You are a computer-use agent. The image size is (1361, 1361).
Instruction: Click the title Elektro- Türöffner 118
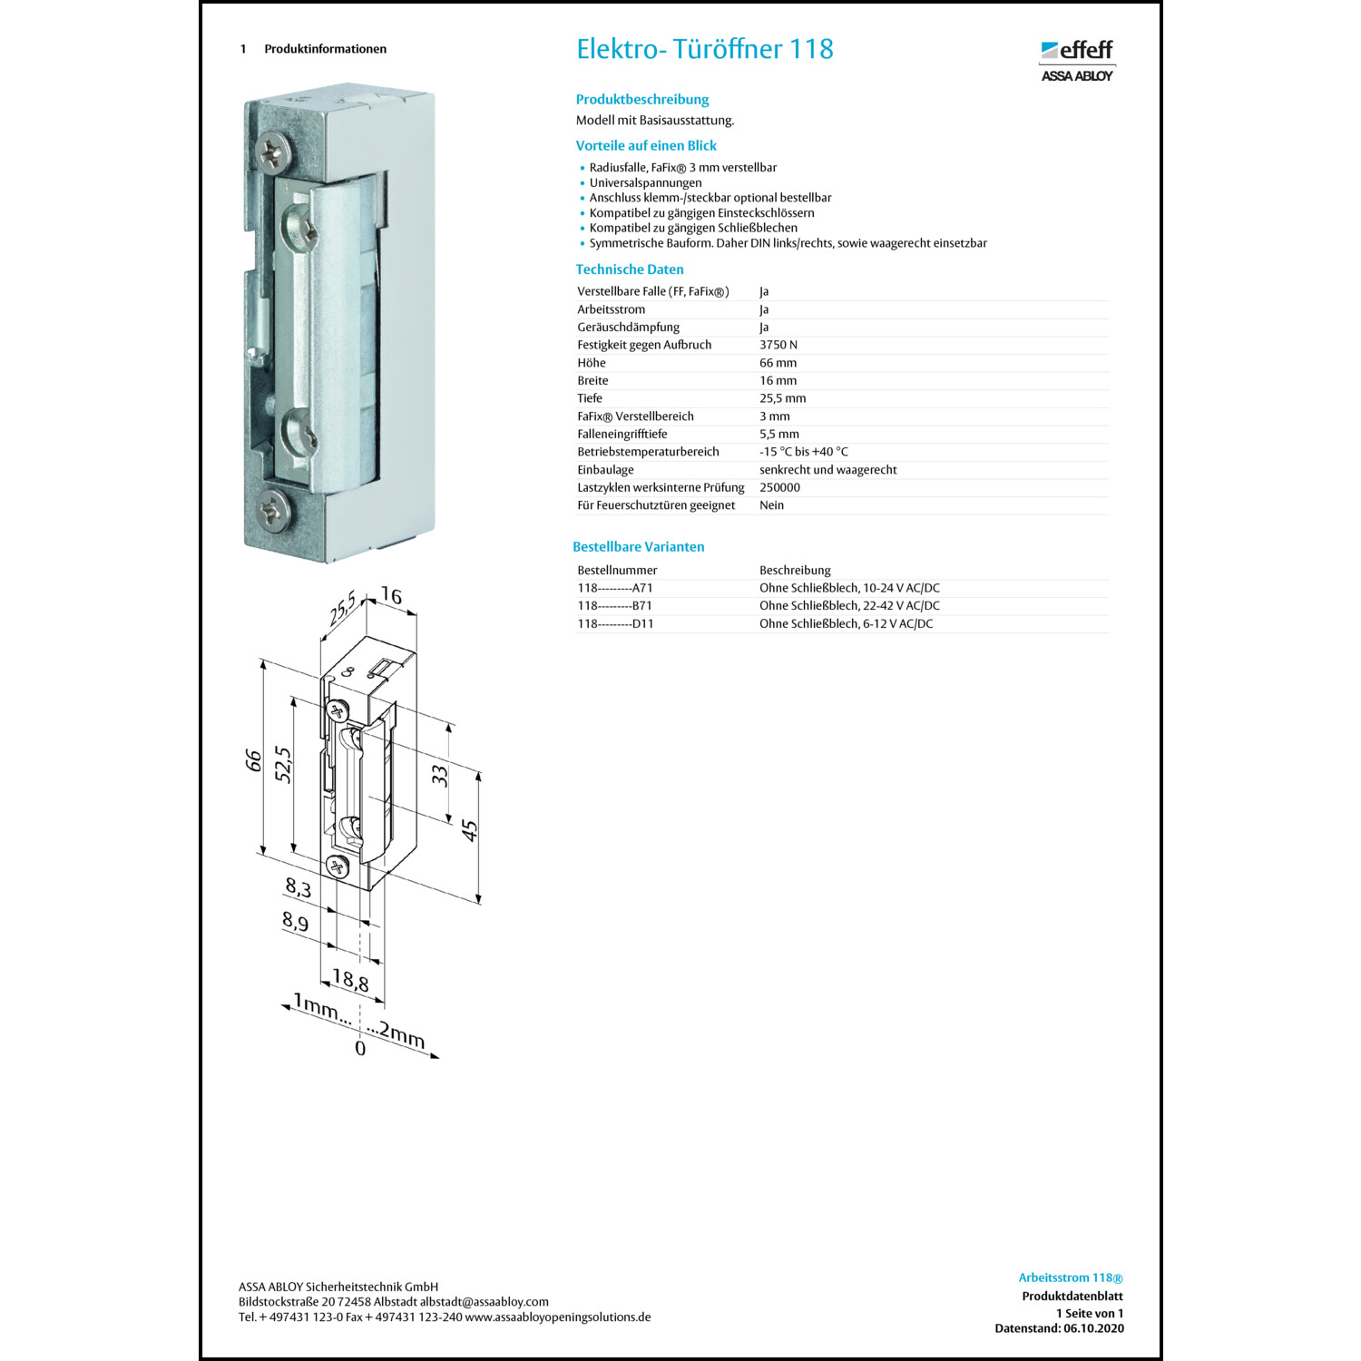704,49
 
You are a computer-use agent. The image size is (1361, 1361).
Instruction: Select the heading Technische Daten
629,269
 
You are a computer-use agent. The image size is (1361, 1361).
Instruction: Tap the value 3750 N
778,345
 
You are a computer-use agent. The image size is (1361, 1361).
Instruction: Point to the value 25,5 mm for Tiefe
782,398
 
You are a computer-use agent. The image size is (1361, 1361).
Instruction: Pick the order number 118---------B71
614,606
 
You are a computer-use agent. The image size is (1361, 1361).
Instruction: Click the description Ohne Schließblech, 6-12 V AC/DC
846,624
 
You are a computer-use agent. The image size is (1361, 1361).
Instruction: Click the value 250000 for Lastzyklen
779,487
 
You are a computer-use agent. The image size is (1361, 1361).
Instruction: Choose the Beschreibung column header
795,570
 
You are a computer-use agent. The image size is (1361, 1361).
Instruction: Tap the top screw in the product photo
274,152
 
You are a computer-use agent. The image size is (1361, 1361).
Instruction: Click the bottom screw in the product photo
273,509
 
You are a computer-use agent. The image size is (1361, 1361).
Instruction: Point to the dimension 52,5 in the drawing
283,765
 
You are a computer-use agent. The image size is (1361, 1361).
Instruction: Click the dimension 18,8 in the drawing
350,981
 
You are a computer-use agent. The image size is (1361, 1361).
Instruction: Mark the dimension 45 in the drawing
469,829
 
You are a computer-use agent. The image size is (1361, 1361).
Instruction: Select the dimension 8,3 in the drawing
299,887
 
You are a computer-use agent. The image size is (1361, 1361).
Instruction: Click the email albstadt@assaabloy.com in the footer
484,1302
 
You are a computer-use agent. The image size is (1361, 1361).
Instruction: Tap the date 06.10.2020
1093,1328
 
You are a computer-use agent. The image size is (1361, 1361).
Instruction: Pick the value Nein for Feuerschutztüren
771,505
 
